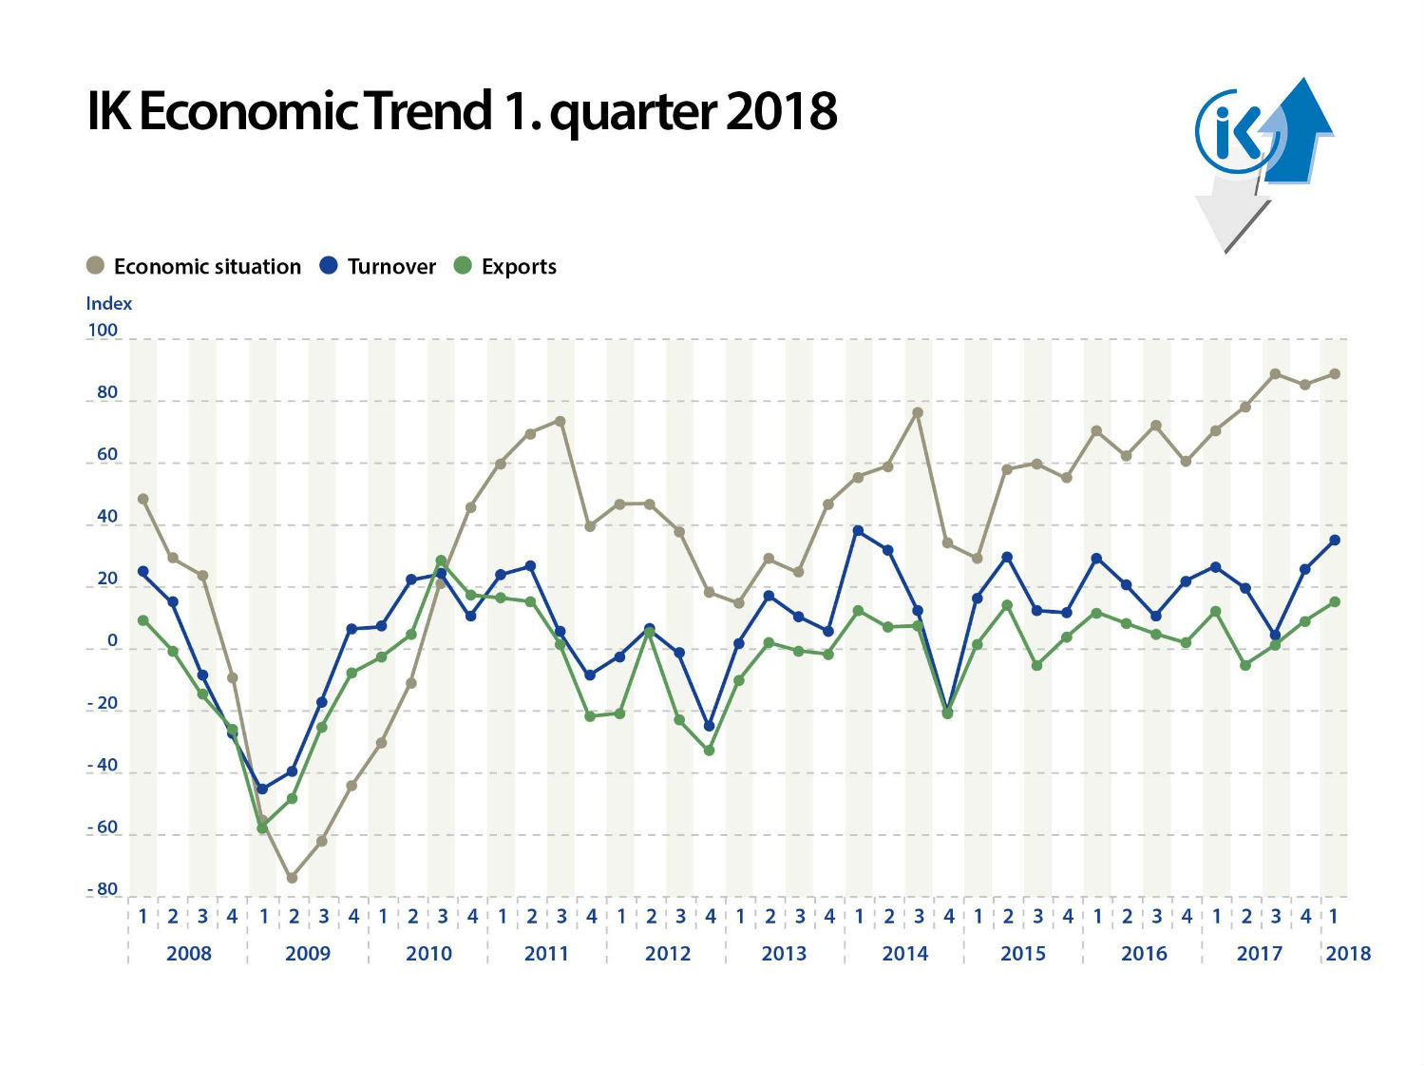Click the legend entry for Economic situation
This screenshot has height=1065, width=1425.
click(194, 266)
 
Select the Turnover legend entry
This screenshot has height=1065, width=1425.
click(378, 266)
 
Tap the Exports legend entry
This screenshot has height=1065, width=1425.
click(505, 266)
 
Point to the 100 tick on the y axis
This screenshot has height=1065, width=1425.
click(103, 331)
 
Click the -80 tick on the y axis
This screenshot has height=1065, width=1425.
click(103, 889)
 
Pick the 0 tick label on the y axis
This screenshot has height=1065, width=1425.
click(112, 641)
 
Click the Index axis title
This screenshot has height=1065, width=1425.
click(108, 303)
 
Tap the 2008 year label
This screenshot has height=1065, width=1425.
click(188, 953)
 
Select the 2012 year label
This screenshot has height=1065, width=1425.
click(667, 953)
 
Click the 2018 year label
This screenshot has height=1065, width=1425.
click(1347, 953)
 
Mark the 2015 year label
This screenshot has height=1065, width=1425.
click(1022, 953)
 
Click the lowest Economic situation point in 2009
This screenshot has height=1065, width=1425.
click(292, 878)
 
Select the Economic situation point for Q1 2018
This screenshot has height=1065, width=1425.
click(1335, 373)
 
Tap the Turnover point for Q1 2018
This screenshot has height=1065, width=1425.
click(1335, 540)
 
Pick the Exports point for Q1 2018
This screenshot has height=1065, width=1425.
click(1335, 601)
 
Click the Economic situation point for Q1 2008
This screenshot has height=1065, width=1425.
click(142, 499)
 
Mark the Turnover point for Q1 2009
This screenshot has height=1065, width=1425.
click(262, 789)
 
